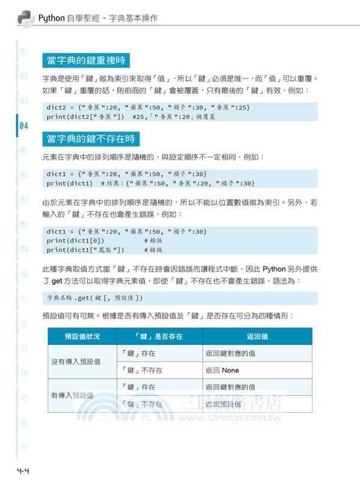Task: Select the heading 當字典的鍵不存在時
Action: click(x=91, y=139)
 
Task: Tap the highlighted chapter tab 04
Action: click(x=24, y=127)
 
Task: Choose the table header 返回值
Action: click(x=257, y=336)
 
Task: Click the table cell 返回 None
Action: click(x=222, y=370)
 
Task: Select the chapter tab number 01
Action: click(x=24, y=51)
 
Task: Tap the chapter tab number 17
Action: click(x=24, y=447)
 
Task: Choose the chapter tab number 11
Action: click(x=24, y=299)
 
